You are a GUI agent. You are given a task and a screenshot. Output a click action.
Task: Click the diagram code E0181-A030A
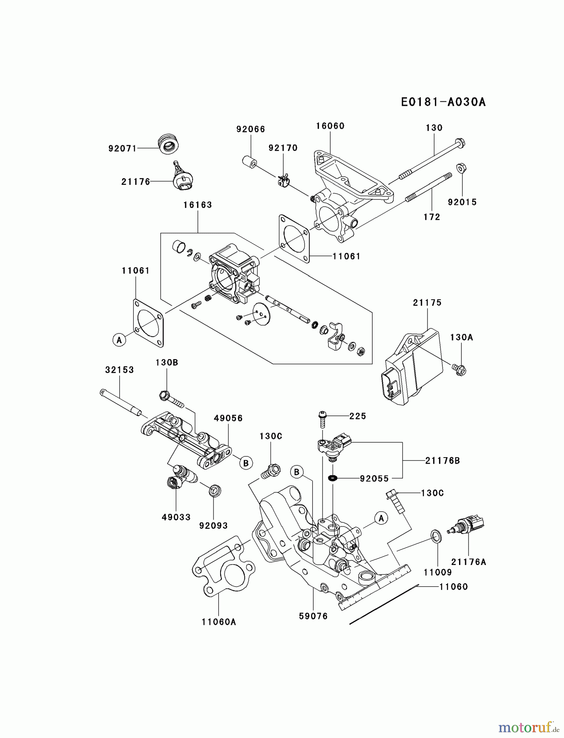[x=443, y=102]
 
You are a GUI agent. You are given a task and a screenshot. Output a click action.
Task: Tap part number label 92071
[x=122, y=148]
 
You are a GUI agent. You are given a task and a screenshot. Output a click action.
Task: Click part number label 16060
[x=330, y=126]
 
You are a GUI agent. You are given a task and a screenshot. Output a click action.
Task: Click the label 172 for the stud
[x=432, y=217]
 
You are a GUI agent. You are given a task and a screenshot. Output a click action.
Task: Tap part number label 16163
[x=198, y=205]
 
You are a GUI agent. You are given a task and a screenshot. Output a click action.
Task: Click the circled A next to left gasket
[x=119, y=339]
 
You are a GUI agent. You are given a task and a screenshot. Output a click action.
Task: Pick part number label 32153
[x=119, y=370]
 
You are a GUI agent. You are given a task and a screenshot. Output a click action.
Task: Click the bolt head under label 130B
[x=164, y=395]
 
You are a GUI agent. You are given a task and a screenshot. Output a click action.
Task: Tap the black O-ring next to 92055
[x=332, y=478]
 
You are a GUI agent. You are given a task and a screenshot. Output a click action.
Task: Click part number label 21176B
[x=442, y=461]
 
